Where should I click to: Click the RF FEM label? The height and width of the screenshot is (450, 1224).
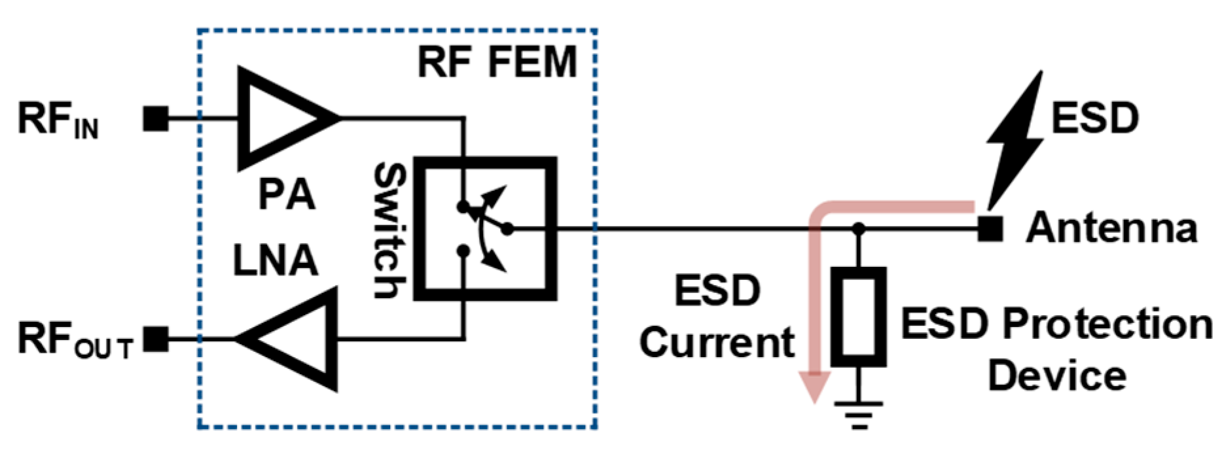pyautogui.click(x=497, y=63)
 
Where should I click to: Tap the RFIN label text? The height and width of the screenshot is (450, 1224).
pyautogui.click(x=58, y=121)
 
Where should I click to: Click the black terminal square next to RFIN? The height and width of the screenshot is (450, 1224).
pyautogui.click(x=155, y=119)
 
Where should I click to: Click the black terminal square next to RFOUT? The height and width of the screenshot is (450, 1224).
pyautogui.click(x=155, y=339)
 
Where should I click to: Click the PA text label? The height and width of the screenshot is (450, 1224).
pyautogui.click(x=286, y=194)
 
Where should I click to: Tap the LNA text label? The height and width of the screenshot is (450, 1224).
pyautogui.click(x=275, y=260)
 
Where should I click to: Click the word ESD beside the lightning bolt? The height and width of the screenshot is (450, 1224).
pyautogui.click(x=1094, y=118)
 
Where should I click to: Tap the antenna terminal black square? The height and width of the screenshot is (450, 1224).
pyautogui.click(x=990, y=229)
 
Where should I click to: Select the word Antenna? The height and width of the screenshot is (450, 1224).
pyautogui.click(x=1111, y=228)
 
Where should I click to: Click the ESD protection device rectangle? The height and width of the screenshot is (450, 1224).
pyautogui.click(x=858, y=316)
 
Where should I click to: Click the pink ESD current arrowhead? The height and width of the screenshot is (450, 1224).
pyautogui.click(x=814, y=387)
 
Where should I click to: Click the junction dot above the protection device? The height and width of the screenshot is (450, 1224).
pyautogui.click(x=859, y=228)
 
